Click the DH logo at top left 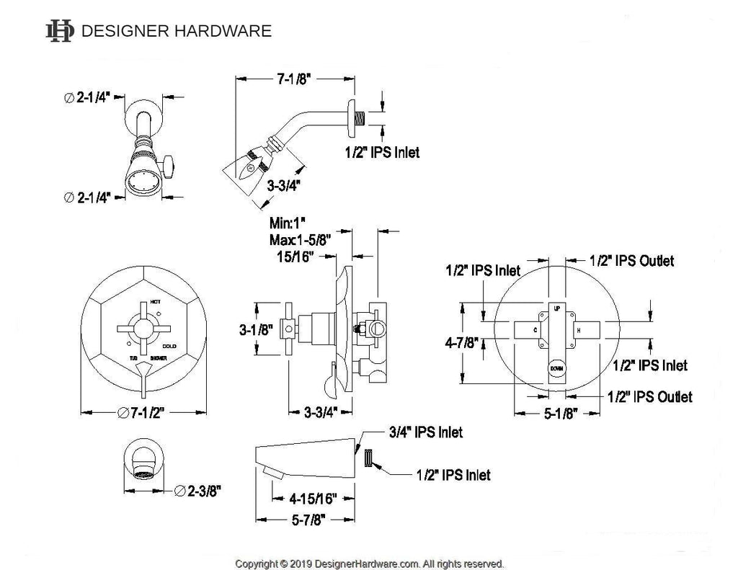[59, 31]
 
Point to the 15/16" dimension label [290, 257]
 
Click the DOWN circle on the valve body [556, 368]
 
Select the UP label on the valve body [556, 308]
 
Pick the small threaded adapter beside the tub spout [368, 459]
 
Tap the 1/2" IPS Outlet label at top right [631, 261]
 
